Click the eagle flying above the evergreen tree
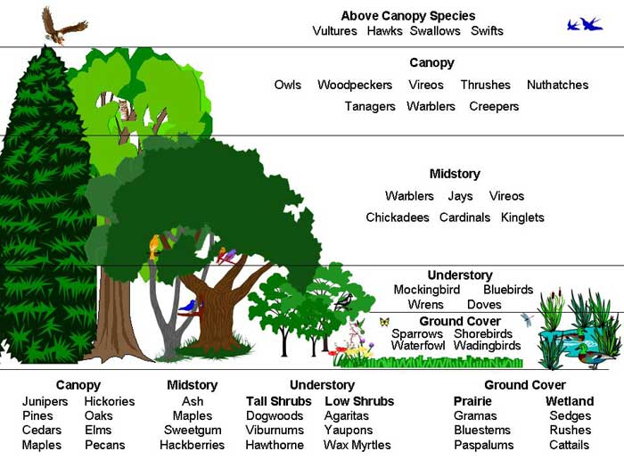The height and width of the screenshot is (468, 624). click(63, 24)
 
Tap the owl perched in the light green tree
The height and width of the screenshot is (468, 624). click(124, 109)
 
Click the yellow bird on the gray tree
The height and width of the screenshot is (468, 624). click(154, 245)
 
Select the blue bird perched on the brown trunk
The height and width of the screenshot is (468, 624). click(188, 306)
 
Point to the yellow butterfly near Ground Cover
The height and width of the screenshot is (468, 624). click(384, 322)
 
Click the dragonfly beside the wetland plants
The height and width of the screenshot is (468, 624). click(527, 318)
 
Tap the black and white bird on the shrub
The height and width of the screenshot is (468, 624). click(342, 302)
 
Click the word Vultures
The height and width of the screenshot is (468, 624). click(335, 31)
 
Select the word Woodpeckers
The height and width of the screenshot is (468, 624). click(355, 85)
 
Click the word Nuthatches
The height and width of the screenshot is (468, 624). click(557, 85)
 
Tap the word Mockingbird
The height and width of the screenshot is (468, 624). click(426, 290)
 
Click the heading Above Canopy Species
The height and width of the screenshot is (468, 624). click(408, 16)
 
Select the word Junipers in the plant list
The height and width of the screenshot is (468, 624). click(45, 402)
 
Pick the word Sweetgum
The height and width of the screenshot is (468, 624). click(193, 431)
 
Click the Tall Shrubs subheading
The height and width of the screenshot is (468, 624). click(279, 402)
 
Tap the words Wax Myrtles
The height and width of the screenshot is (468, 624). click(357, 445)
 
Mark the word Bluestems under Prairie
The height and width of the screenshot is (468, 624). click(482, 431)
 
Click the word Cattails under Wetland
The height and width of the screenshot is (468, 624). click(570, 445)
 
